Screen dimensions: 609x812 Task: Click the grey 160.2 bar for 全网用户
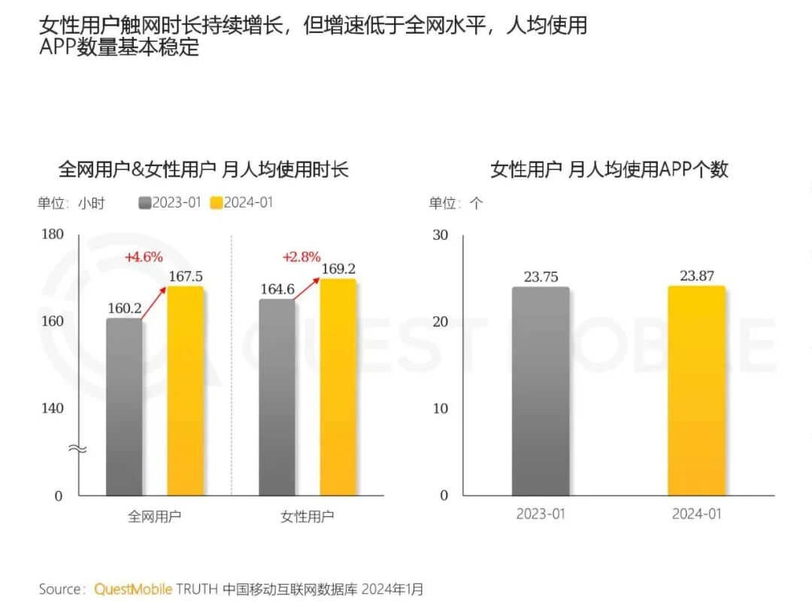(124, 406)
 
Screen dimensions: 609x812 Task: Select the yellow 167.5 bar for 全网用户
(185, 391)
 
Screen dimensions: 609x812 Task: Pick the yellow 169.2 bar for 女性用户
(338, 387)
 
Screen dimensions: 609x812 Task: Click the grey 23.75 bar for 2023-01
(541, 391)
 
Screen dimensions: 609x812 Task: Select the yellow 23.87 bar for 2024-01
(697, 391)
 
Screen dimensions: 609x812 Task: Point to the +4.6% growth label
(144, 257)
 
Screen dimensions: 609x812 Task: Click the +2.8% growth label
(301, 257)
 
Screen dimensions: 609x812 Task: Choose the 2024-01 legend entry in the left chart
(242, 203)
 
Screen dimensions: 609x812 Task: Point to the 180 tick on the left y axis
(53, 235)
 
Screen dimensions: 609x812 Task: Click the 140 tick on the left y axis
(53, 408)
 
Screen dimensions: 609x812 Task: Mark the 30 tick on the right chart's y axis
(440, 235)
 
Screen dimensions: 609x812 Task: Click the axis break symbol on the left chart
(78, 449)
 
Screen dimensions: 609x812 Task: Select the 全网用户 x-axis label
(154, 517)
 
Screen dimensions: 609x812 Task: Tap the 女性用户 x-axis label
(307, 517)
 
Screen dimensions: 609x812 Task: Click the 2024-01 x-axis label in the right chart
(696, 514)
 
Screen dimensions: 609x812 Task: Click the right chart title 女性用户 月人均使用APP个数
(609, 169)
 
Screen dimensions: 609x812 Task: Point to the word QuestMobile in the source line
(134, 589)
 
